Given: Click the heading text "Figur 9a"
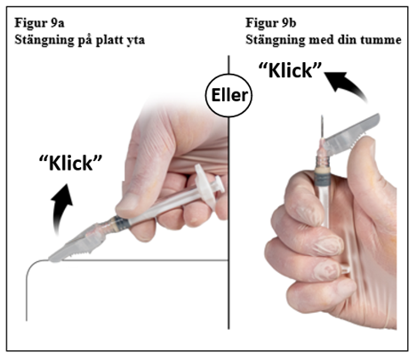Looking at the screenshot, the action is click(39, 23).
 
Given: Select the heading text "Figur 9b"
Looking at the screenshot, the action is click(270, 23).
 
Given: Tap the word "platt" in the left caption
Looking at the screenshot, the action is click(109, 40).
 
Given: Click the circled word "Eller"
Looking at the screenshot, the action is click(229, 95).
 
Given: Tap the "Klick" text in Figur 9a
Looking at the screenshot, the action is click(70, 163).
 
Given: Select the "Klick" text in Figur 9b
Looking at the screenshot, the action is click(290, 70).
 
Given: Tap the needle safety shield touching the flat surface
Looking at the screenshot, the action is click(77, 244).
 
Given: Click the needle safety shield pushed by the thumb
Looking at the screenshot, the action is click(351, 132).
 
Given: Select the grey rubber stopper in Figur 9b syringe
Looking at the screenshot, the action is click(322, 180).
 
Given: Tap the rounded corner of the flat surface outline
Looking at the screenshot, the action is click(32, 266).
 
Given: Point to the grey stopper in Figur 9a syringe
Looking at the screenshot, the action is click(122, 222).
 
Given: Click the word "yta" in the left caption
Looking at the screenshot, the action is click(135, 41).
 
